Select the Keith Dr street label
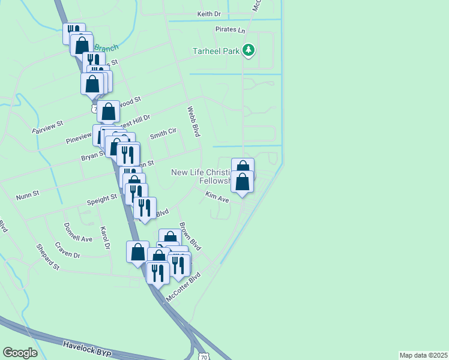click(x=209, y=14)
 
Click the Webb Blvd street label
click(x=193, y=122)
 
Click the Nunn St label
click(x=28, y=194)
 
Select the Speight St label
click(x=101, y=198)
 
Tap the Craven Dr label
click(x=67, y=250)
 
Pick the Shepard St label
click(x=47, y=257)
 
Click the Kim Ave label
click(x=217, y=197)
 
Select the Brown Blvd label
click(x=190, y=237)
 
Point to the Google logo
click(x=20, y=353)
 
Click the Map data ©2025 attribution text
click(x=424, y=355)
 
